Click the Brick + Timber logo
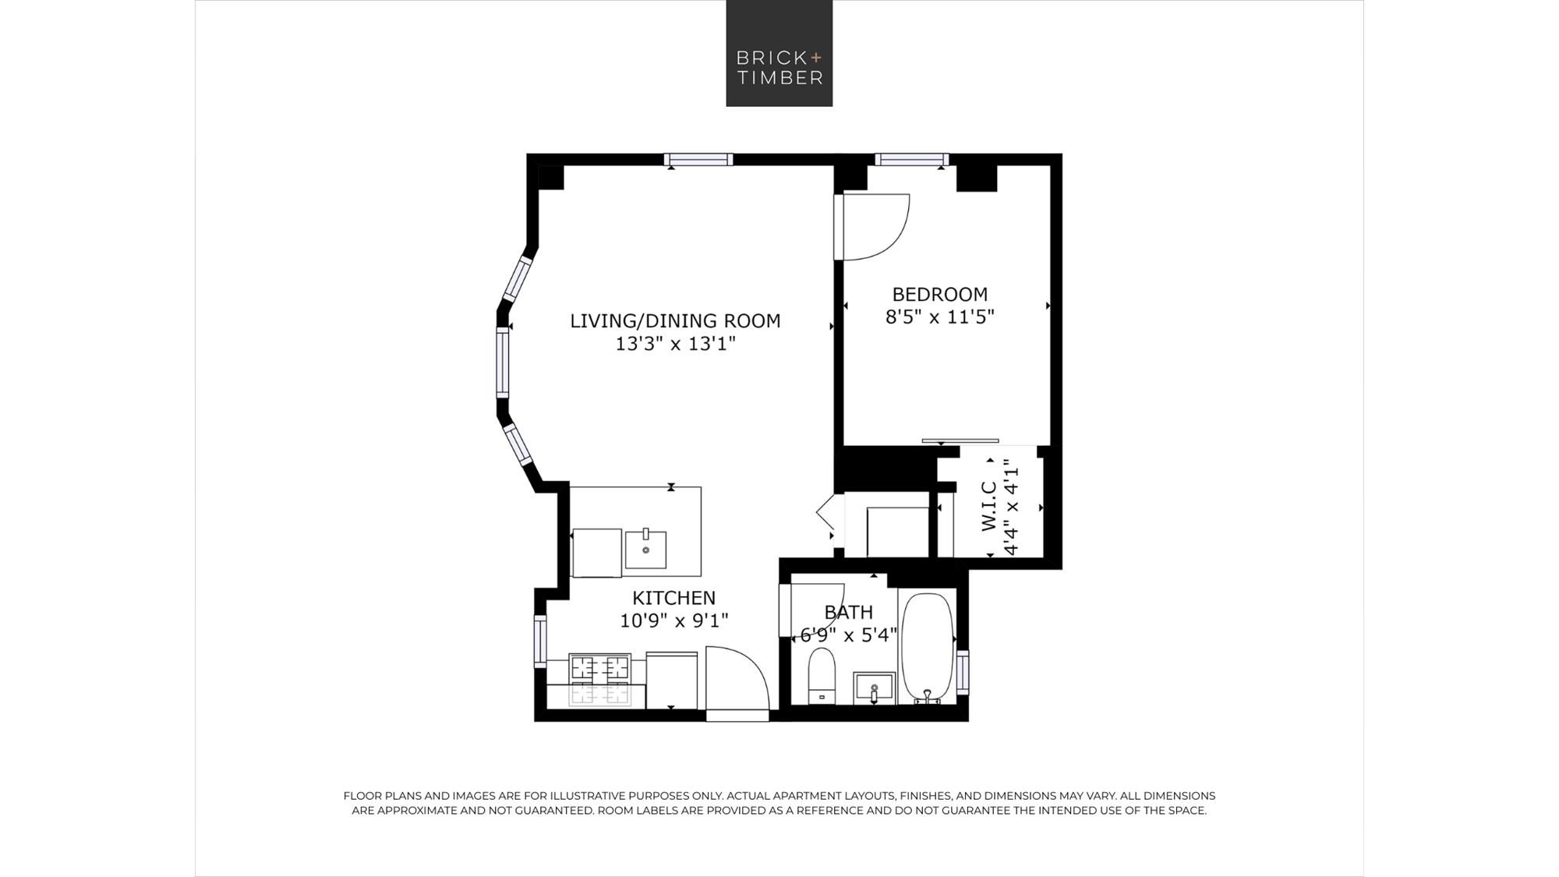(779, 53)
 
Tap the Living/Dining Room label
(675, 320)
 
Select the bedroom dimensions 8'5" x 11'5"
(940, 317)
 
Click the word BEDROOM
(940, 294)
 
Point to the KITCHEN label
(673, 598)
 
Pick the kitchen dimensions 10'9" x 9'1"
(674, 621)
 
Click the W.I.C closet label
(988, 507)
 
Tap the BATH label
(849, 612)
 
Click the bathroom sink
(875, 688)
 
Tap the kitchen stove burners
(599, 680)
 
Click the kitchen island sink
(645, 550)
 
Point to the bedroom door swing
(876, 226)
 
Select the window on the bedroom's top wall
(912, 160)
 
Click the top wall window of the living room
(698, 160)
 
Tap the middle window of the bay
(503, 362)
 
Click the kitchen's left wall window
(540, 641)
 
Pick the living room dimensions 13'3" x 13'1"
(676, 344)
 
